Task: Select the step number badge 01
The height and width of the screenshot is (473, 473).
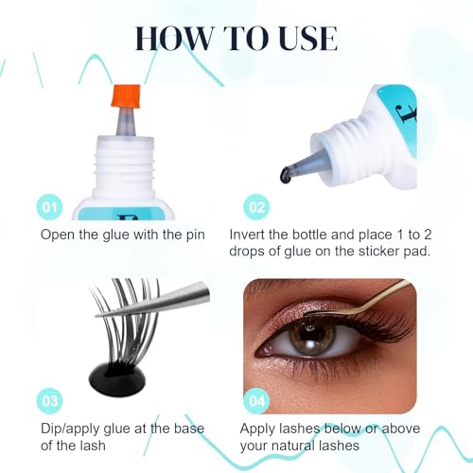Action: (x=52, y=205)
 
